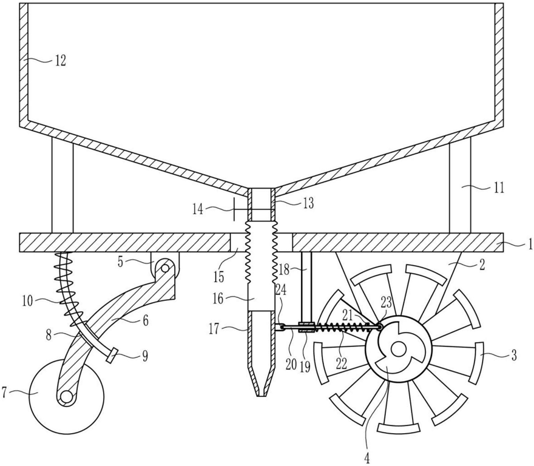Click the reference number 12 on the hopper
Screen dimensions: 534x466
[x=60, y=62]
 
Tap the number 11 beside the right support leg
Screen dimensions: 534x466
[x=499, y=187]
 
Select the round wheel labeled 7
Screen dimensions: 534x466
[x=66, y=396]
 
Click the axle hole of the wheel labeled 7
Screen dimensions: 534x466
[x=66, y=397]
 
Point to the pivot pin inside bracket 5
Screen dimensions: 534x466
[x=165, y=269]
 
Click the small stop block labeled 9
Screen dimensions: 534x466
[x=112, y=356]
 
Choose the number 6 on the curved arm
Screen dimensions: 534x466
[x=146, y=320]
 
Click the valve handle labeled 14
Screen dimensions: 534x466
[x=235, y=209]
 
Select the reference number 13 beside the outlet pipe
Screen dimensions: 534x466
[x=307, y=203]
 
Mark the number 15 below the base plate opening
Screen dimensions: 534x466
[x=218, y=277]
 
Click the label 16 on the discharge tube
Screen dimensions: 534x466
[x=218, y=299]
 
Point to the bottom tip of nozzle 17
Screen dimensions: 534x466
[x=261, y=396]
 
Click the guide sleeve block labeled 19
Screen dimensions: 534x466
[x=306, y=328]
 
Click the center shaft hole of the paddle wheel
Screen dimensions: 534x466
[x=397, y=348]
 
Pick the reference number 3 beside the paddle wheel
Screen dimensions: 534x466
[x=514, y=356]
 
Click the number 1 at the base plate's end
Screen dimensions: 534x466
[x=530, y=245]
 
